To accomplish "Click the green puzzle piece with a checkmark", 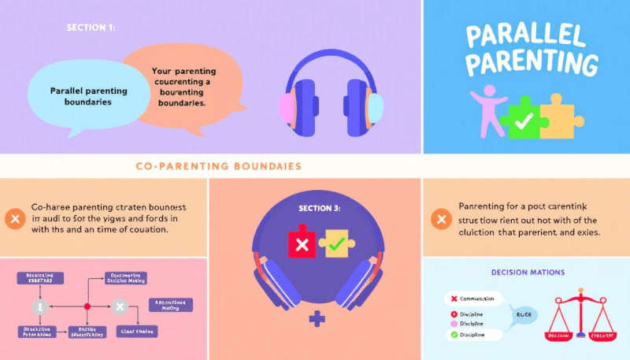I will pyautogui.click(x=522, y=120).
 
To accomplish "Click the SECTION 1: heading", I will pyautogui.click(x=91, y=28).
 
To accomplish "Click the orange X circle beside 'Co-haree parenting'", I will pyautogui.click(x=14, y=219).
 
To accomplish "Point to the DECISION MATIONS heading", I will pyautogui.click(x=527, y=273).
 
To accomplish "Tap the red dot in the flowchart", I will pyautogui.click(x=87, y=306).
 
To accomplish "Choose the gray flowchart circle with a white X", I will pyautogui.click(x=120, y=306).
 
